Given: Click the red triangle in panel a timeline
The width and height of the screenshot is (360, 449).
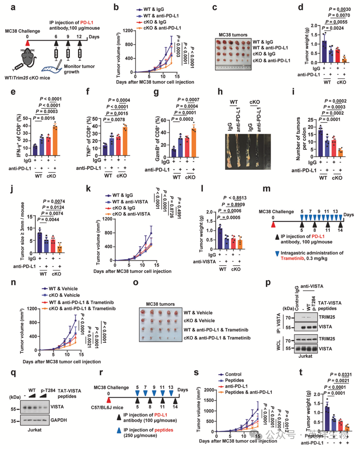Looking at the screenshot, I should pyautogui.click(x=27, y=42).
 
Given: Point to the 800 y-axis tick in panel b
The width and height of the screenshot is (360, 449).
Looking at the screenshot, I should pyautogui.click(x=131, y=45).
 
